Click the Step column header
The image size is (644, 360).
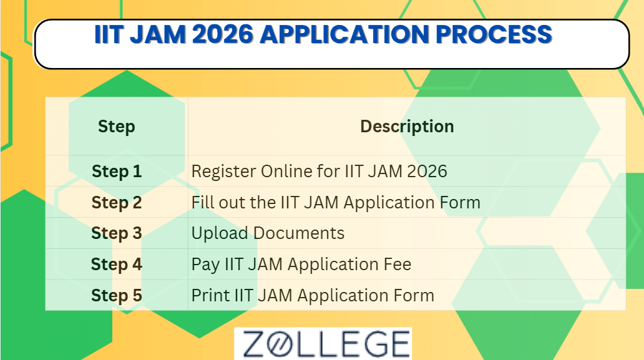(117, 127)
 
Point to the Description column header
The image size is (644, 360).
(407, 127)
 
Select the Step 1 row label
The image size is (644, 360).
(117, 172)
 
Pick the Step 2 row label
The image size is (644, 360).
(117, 203)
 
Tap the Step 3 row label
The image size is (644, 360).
(117, 233)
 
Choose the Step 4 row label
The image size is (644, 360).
(117, 265)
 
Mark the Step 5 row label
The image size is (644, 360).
(117, 295)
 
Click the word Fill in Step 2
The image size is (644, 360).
(202, 203)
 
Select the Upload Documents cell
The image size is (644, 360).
(268, 233)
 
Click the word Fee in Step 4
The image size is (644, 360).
(398, 265)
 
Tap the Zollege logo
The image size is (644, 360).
(323, 344)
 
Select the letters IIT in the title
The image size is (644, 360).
(110, 34)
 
